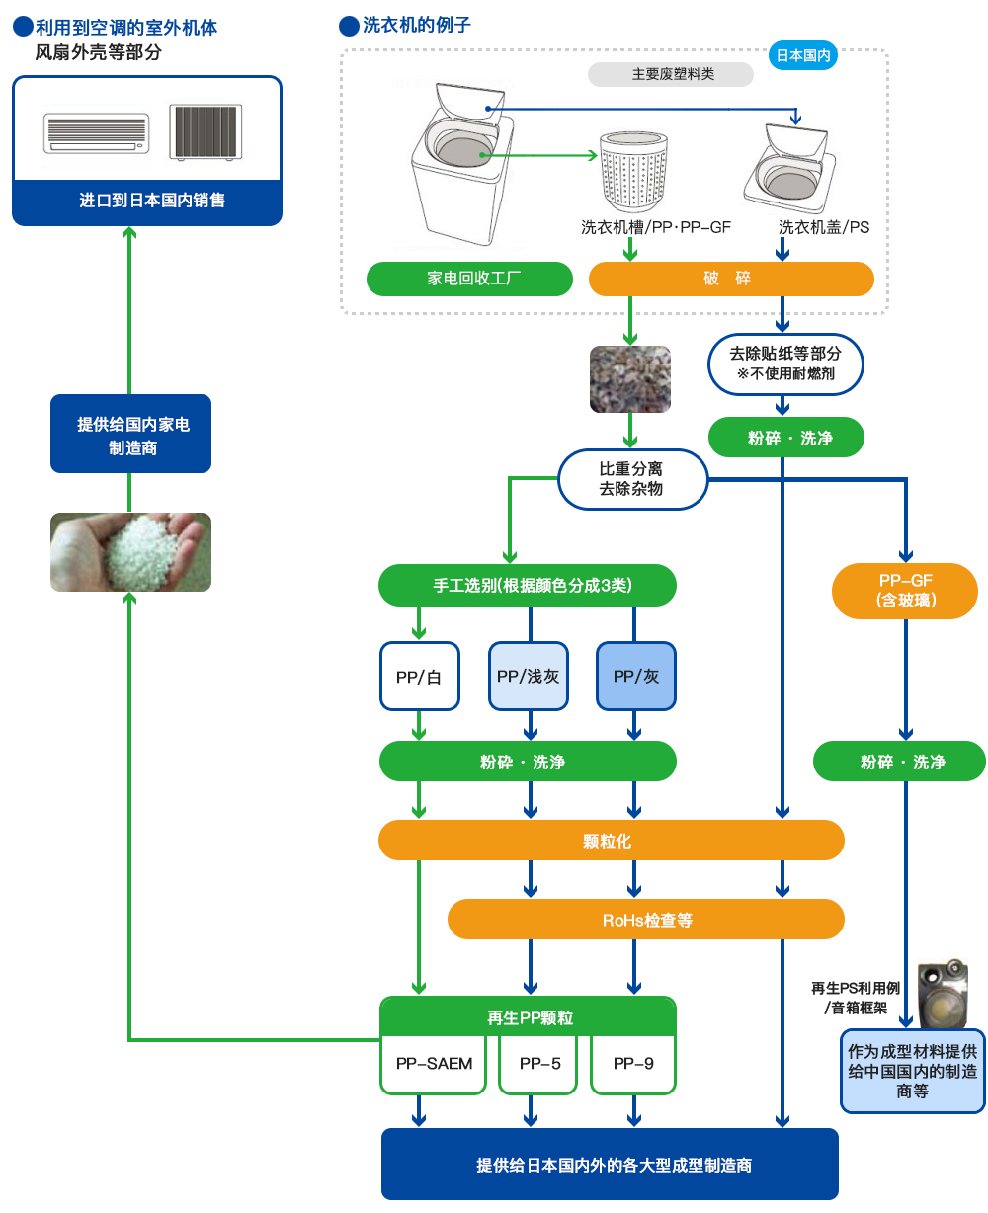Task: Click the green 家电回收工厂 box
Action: [x=469, y=279]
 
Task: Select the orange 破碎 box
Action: [x=731, y=279]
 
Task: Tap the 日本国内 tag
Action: [x=802, y=56]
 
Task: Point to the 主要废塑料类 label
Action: [x=671, y=74]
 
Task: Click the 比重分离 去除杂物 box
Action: [x=632, y=479]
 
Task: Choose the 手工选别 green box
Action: [x=528, y=585]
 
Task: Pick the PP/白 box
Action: [x=419, y=676]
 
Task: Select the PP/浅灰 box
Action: [x=529, y=676]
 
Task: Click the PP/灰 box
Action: [x=636, y=676]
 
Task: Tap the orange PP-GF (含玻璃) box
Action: [x=905, y=591]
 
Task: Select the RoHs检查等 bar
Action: [x=646, y=920]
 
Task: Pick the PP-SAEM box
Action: [x=434, y=1064]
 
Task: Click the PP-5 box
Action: [x=538, y=1064]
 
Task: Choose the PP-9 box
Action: [x=633, y=1064]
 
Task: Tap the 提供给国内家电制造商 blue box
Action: [x=131, y=436]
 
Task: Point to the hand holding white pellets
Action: [x=130, y=551]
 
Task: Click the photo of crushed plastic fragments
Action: [x=630, y=378]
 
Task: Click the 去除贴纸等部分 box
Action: [x=785, y=363]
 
